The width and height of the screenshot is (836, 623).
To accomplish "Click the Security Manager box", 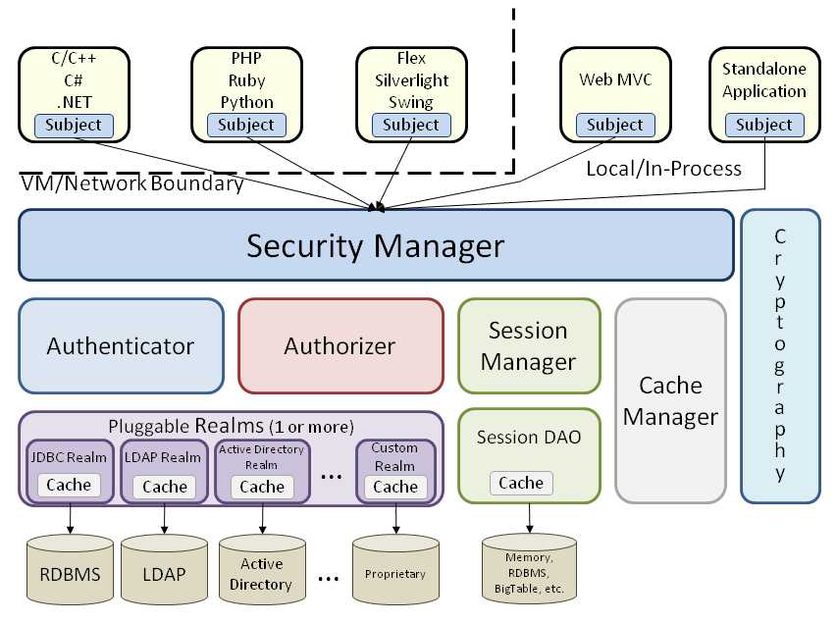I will tap(376, 245).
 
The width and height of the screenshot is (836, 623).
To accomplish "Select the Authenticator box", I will tap(121, 345).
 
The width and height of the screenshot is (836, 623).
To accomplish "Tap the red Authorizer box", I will tap(340, 345).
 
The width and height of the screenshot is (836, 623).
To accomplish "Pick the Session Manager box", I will tap(529, 345).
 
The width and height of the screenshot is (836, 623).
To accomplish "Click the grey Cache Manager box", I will tap(671, 399).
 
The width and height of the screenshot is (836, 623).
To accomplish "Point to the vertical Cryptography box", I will tap(780, 355).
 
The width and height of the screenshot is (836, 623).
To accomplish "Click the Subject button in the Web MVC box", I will tap(615, 125).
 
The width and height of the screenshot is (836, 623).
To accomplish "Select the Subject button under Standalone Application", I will tap(763, 125).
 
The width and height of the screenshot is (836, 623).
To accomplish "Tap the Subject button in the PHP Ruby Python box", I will tap(246, 125).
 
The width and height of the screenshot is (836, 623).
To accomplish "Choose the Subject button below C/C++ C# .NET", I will tap(74, 125).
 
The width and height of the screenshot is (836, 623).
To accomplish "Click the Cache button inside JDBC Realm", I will tap(69, 485).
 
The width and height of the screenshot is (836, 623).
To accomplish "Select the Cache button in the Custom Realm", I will tap(395, 486).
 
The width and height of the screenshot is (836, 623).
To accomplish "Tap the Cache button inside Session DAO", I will tap(521, 482).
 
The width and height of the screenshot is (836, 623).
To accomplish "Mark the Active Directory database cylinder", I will tap(260, 573).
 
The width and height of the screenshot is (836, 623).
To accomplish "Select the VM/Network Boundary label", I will tap(131, 183).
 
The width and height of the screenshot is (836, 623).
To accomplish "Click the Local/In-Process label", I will tap(663, 169).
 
